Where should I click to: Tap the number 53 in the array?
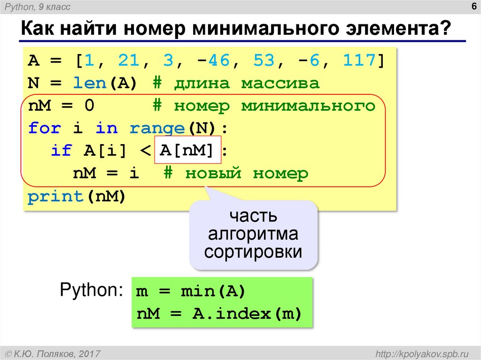[264, 61]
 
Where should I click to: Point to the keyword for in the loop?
[45, 128]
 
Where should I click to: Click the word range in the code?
[157, 128]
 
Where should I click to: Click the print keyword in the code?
[55, 196]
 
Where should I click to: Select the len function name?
[90, 84]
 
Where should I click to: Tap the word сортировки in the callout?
[253, 252]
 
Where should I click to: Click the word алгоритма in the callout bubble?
[254, 234]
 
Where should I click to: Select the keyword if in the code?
[61, 151]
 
